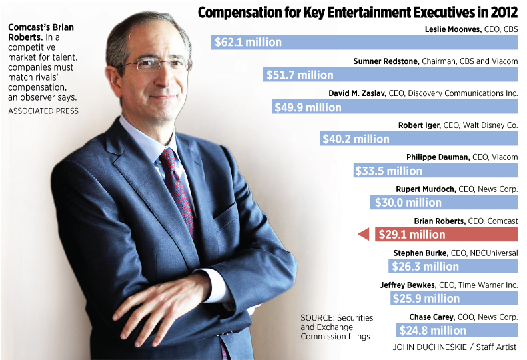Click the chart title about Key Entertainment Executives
point(358,13)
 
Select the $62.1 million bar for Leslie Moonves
point(365,43)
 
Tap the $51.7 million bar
point(391,75)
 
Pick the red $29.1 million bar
point(446,235)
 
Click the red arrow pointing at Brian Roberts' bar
point(364,235)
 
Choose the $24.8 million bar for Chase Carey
point(457,330)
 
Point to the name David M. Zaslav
point(360,93)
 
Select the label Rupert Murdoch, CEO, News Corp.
point(456,189)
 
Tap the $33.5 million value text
point(390,171)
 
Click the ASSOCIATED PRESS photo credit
point(43,111)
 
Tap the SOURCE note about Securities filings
point(337,327)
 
